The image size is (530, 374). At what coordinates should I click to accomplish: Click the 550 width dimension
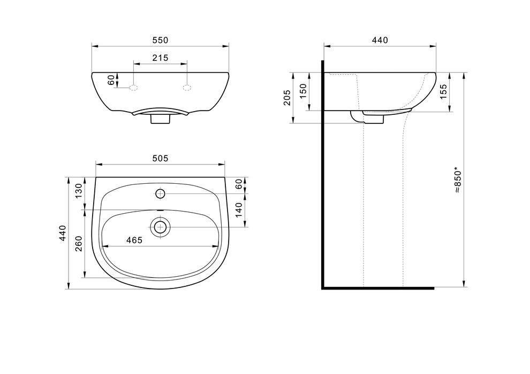(x=160, y=40)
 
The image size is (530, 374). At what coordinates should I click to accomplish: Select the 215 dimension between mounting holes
(x=160, y=58)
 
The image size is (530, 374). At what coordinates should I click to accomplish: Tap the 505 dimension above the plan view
(x=160, y=158)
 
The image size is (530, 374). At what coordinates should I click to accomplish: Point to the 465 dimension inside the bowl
(x=134, y=240)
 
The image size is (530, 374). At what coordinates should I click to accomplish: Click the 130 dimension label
(x=78, y=191)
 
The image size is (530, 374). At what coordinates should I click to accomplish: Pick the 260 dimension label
(x=78, y=244)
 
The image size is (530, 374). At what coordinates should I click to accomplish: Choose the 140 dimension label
(x=239, y=210)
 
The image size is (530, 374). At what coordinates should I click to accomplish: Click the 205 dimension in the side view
(x=287, y=97)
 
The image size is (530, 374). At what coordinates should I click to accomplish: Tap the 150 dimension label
(x=303, y=91)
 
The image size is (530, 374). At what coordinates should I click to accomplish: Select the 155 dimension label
(x=443, y=91)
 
